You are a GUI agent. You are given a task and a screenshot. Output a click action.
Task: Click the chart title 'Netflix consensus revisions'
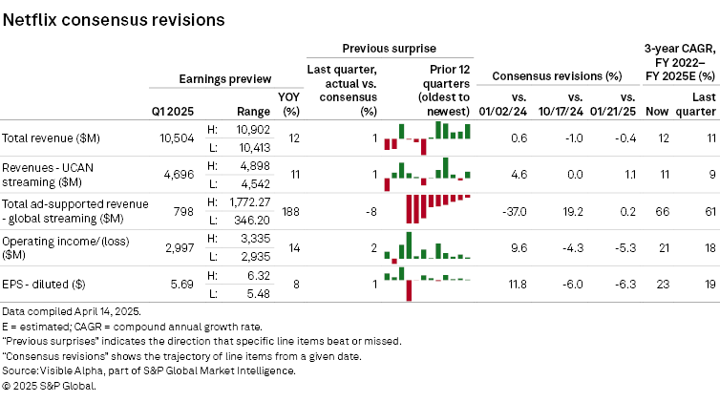114,18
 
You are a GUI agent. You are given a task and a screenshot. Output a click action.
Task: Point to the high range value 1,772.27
245,200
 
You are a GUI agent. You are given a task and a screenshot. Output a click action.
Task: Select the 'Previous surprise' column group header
388,47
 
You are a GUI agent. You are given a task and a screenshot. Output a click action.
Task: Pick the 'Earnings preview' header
224,78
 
